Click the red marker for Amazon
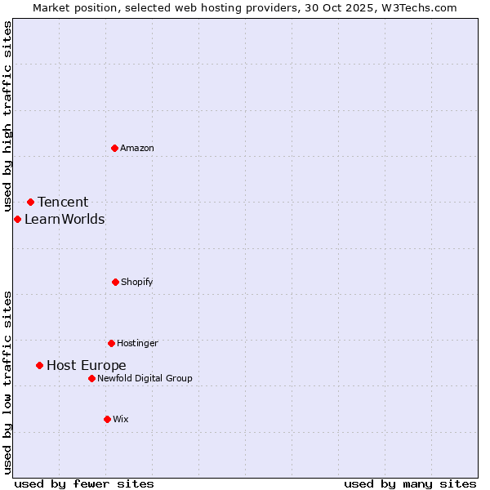114,148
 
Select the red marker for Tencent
30,202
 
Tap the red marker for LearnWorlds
17,219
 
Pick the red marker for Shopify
115,282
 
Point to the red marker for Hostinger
111,343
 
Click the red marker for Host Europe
39,365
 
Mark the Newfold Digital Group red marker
91,378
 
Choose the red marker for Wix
107,419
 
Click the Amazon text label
137,148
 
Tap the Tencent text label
63,202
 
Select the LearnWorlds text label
65,219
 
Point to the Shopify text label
137,282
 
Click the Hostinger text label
137,343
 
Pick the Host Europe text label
87,365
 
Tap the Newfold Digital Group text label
145,378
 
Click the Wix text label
121,419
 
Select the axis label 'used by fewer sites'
84,483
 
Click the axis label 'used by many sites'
410,483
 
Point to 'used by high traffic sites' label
7,117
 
